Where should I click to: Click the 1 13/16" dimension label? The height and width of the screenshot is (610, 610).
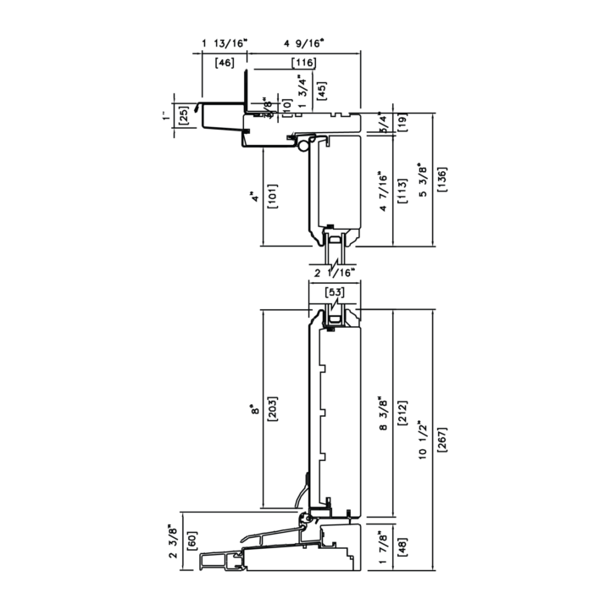pos(224,42)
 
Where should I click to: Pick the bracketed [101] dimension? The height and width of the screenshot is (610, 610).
pos(271,198)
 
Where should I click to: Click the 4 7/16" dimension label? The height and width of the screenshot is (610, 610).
pos(383,191)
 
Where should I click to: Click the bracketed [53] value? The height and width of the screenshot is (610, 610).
pos(335,293)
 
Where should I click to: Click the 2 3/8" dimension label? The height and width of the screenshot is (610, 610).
pos(173,542)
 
